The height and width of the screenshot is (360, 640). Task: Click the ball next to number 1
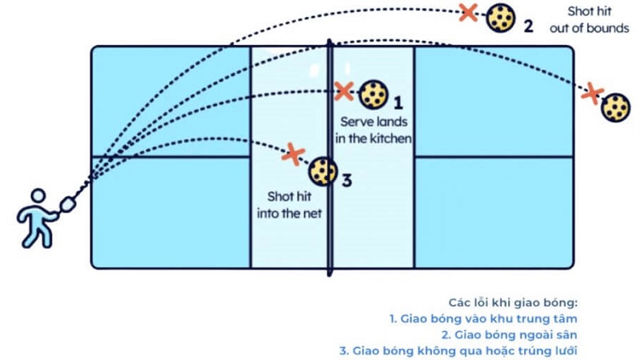[x=373, y=95]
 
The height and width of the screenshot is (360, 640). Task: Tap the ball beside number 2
[x=501, y=18]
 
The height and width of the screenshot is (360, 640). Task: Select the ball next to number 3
[x=322, y=171]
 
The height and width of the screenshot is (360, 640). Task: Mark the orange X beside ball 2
[x=470, y=12]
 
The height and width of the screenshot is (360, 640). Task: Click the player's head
[x=37, y=198]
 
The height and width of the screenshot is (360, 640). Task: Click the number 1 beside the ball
[x=398, y=102]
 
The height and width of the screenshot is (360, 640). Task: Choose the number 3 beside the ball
[x=346, y=180]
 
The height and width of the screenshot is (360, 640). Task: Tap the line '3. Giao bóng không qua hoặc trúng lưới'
[x=460, y=350]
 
